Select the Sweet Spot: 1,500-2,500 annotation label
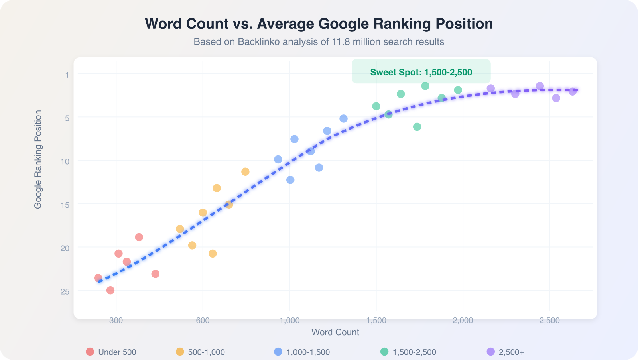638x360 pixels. (421, 72)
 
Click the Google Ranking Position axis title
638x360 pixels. (38, 159)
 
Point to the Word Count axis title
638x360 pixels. (335, 332)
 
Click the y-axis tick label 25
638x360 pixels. (65, 291)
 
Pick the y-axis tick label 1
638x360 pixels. (67, 75)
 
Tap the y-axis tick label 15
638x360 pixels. (65, 205)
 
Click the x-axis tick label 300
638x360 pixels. (116, 320)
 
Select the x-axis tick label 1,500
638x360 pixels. (376, 320)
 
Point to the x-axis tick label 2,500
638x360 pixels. (549, 320)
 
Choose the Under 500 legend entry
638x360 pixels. (111, 352)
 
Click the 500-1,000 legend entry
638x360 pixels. (201, 352)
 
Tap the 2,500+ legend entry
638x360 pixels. (506, 352)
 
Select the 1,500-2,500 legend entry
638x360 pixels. (409, 352)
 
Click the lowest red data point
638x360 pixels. (110, 290)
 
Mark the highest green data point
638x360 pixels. (425, 86)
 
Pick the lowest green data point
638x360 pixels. (417, 127)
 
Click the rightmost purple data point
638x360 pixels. (573, 92)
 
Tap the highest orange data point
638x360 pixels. (245, 172)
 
